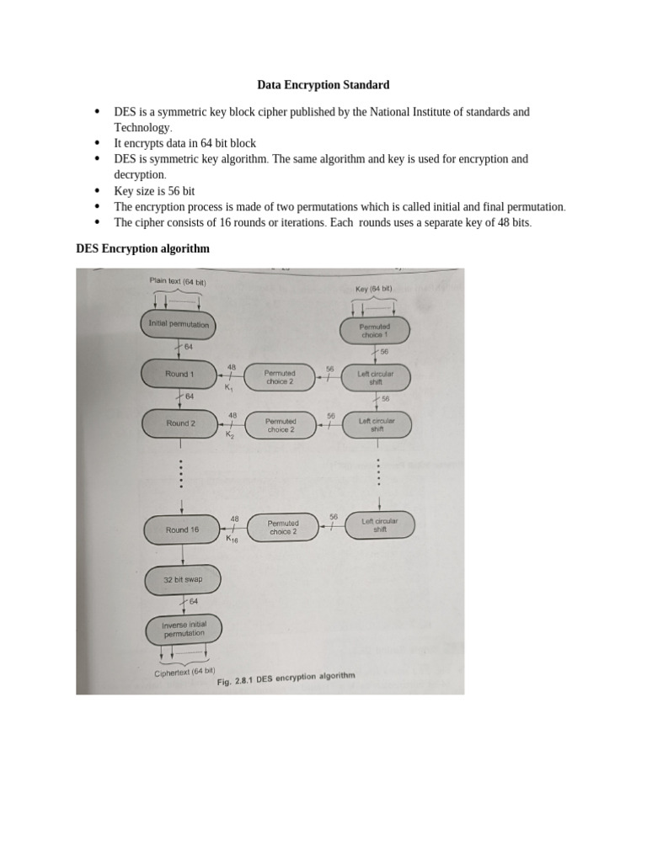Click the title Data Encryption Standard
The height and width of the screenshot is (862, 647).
point(323,85)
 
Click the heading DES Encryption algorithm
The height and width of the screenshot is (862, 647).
point(142,249)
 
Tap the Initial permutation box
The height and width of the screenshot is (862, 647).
point(178,324)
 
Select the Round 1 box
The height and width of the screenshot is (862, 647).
point(179,374)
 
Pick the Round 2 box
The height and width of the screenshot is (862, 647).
point(180,423)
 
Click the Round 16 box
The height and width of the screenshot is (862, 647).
point(182,529)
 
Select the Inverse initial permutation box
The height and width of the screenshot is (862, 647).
point(184,629)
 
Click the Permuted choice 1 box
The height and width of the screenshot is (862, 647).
point(374,330)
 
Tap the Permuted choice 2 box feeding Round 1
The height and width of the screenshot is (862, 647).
point(280,377)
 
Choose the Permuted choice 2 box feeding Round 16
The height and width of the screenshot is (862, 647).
point(283,527)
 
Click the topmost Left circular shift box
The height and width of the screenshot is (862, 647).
point(375,378)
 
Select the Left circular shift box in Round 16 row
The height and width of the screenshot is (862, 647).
point(380,525)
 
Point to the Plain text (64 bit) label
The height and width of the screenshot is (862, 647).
point(178,281)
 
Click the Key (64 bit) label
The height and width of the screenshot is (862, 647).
point(373,289)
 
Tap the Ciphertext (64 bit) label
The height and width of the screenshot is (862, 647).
point(184,672)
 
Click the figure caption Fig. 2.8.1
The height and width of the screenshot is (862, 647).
point(286,679)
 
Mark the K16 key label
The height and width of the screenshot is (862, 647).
point(233,540)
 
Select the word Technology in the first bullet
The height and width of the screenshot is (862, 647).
point(142,128)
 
